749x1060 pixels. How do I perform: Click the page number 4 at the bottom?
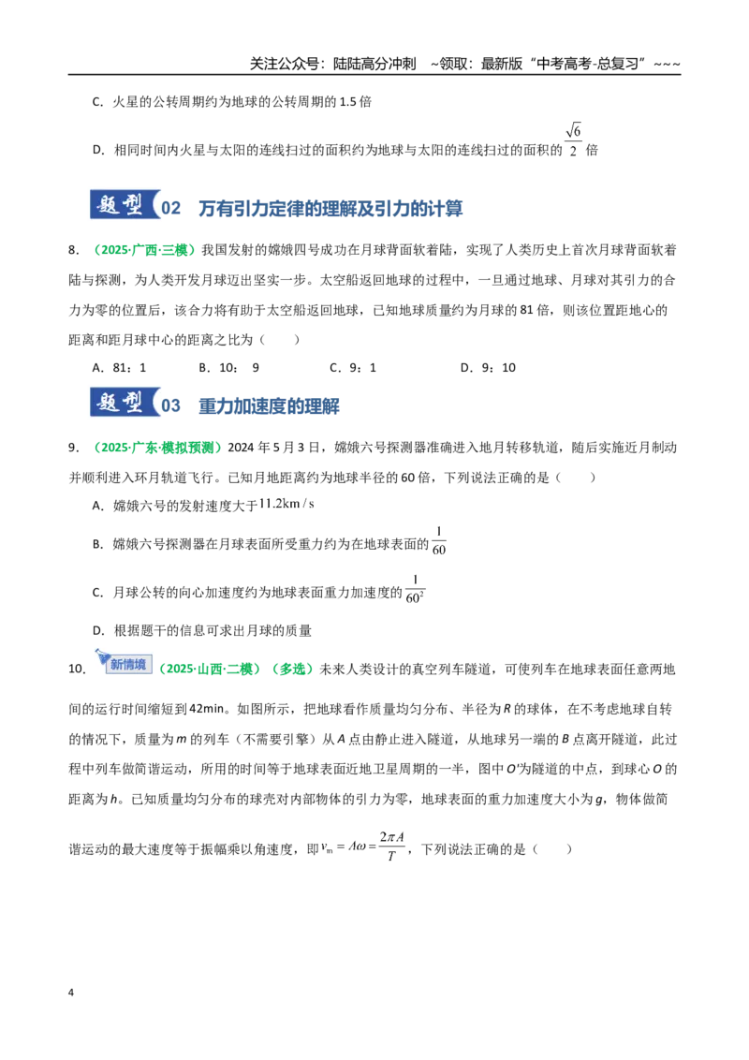coord(71,993)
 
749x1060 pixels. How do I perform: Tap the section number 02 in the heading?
coord(171,208)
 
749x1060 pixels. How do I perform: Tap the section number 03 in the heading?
coord(171,405)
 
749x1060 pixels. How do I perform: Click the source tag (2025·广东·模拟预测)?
coord(157,448)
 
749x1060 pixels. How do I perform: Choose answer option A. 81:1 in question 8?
coord(119,368)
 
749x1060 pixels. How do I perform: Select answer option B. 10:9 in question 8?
coord(229,368)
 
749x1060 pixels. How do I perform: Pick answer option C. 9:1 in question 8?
coord(353,368)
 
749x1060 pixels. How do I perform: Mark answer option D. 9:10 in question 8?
coord(488,368)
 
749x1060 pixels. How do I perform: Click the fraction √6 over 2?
coord(573,140)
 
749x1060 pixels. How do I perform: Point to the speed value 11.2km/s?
coord(286,504)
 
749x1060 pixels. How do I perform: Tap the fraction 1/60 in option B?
coord(439,541)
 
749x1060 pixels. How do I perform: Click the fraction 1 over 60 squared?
coord(415,589)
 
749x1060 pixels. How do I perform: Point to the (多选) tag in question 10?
coord(293,669)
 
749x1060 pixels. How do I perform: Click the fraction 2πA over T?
coord(392,847)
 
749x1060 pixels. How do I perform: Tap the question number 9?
coord(74,448)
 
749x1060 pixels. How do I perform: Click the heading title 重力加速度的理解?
coord(269,406)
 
